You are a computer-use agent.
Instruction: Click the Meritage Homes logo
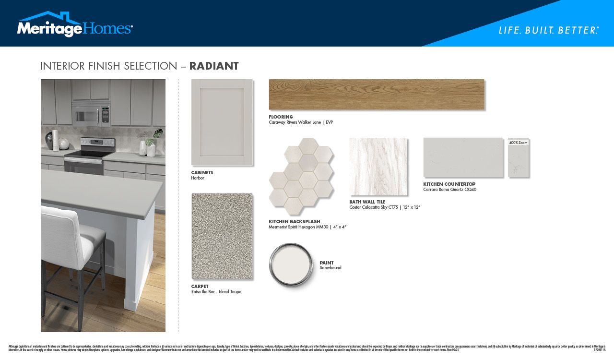tap(74, 25)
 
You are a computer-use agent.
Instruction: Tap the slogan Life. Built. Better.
tap(548, 30)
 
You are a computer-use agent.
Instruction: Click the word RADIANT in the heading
tap(214, 66)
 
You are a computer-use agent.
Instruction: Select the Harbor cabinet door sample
tap(222, 122)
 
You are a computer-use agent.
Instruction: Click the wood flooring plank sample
tap(377, 95)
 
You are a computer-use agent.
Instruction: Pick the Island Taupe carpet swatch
tap(222, 236)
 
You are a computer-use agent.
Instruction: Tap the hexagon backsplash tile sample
tap(301, 176)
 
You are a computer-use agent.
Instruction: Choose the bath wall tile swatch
tap(378, 167)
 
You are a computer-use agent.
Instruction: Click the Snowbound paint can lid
tap(291, 264)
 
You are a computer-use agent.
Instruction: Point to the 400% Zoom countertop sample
tap(518, 158)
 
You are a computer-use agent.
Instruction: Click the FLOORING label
tap(281, 117)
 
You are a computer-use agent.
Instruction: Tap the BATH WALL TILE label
tap(367, 202)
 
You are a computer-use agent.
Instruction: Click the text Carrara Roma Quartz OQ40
tap(449, 190)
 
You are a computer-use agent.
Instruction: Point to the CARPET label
tap(200, 287)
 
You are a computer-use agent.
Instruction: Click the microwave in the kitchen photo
tap(91, 114)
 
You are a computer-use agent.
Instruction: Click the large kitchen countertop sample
tap(463, 157)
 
